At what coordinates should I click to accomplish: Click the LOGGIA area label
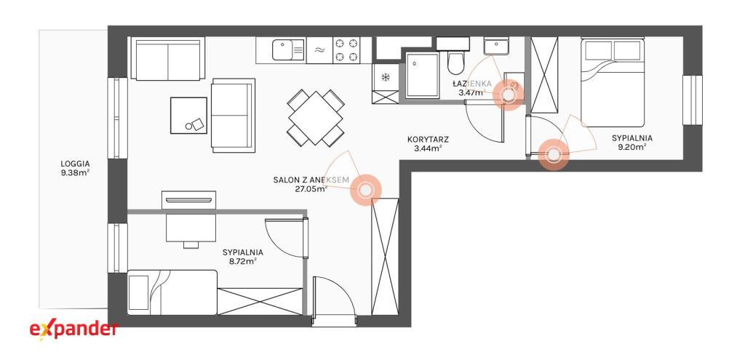click(x=75, y=164)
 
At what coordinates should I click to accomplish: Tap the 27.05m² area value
click(x=311, y=188)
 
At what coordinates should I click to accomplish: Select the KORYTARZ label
click(x=428, y=140)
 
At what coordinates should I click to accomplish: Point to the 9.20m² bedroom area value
click(x=632, y=147)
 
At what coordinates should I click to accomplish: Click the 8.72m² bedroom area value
click(x=242, y=261)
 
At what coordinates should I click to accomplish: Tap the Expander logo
click(x=73, y=329)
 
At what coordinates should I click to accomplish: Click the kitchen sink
click(x=288, y=50)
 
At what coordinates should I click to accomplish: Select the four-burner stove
click(x=346, y=50)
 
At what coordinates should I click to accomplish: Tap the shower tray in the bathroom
click(x=423, y=76)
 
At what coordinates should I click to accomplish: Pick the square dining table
click(x=316, y=119)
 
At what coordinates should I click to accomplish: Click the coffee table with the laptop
click(x=188, y=116)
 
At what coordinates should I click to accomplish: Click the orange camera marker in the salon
click(x=366, y=190)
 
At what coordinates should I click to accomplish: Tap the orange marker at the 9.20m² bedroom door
click(x=554, y=154)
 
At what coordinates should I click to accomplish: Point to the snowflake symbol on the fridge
click(x=386, y=77)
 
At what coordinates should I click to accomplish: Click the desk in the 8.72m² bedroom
click(x=191, y=228)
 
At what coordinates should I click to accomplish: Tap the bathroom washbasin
click(x=497, y=47)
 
